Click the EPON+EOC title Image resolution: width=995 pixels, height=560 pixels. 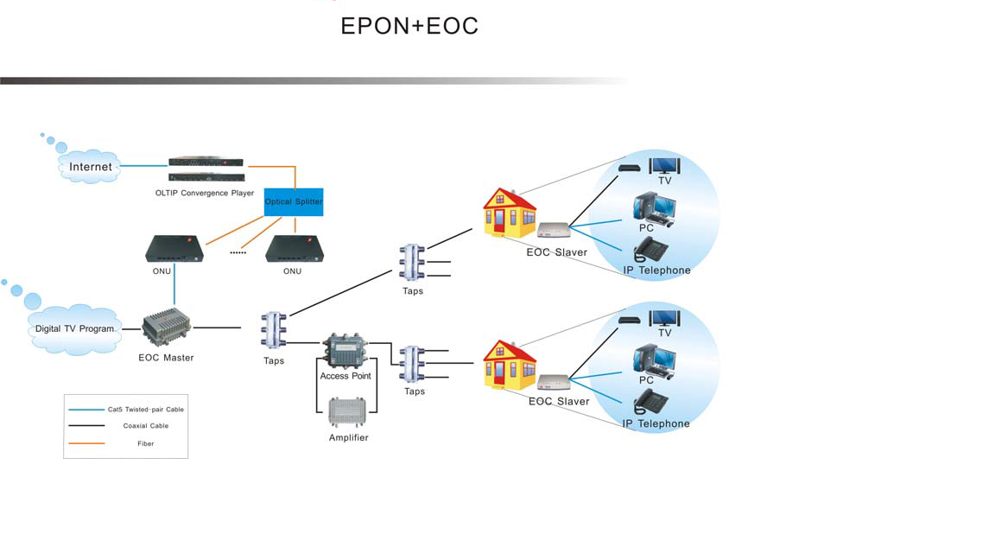[409, 26]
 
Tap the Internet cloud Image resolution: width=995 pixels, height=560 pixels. [90, 166]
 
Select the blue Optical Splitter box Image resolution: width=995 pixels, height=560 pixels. [294, 202]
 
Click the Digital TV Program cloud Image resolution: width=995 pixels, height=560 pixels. [74, 328]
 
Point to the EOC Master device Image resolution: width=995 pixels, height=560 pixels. [167, 329]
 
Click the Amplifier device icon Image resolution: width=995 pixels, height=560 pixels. [348, 412]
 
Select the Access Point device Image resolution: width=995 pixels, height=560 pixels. [345, 352]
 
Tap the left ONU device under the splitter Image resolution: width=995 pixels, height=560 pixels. [174, 249]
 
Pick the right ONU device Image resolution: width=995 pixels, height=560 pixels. [294, 249]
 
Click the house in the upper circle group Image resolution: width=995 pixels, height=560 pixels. [509, 213]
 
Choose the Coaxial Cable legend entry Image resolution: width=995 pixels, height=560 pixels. [145, 426]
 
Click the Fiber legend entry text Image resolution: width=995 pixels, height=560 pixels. [145, 443]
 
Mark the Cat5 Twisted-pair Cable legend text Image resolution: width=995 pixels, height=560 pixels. [145, 409]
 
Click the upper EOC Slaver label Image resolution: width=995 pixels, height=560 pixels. [557, 252]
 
